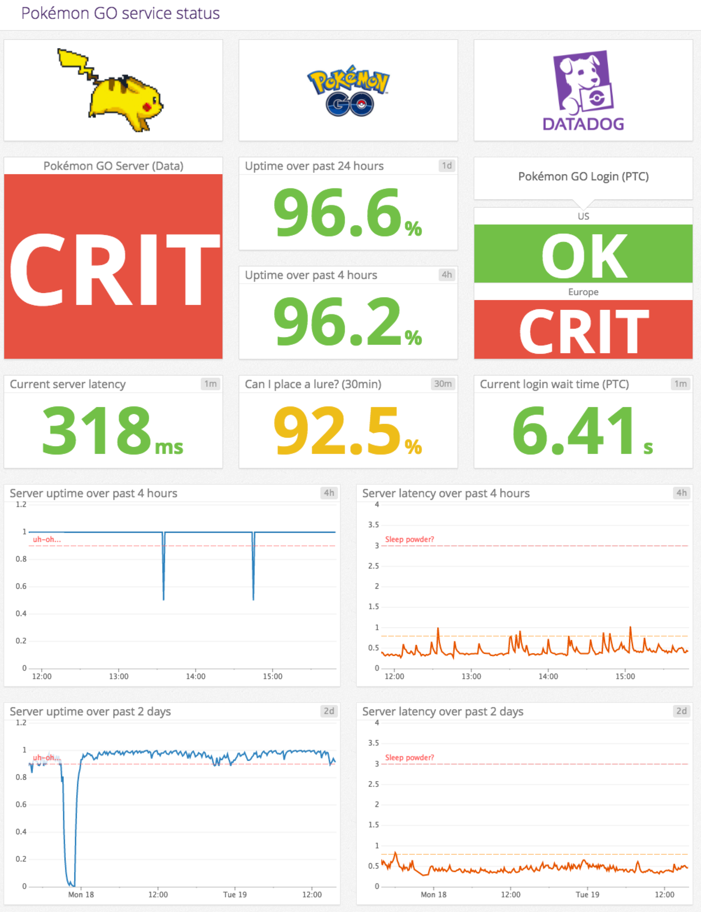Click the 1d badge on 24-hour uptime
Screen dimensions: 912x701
click(446, 166)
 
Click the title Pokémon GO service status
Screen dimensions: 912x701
click(120, 13)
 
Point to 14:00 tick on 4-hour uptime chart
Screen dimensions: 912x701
click(195, 676)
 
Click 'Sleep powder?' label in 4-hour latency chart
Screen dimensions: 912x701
click(409, 540)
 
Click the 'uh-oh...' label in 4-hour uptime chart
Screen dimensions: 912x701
click(47, 540)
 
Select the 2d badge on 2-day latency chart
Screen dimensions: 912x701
click(681, 711)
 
